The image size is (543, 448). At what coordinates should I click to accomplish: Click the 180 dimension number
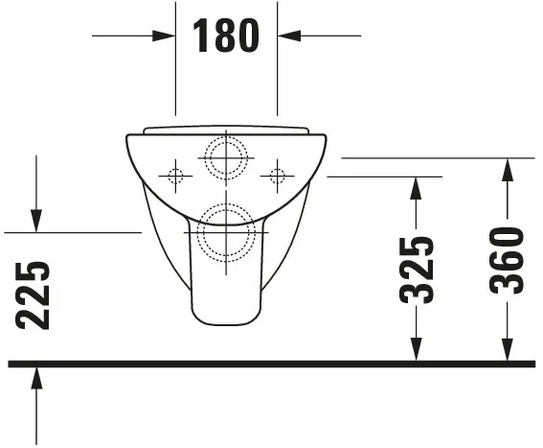226,35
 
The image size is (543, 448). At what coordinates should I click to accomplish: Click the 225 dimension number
34,295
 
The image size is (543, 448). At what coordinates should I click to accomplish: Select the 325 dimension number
417,270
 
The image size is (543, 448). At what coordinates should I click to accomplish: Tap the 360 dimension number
508,260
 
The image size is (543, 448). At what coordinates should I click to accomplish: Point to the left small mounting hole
174,176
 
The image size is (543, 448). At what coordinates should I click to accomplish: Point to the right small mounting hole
278,176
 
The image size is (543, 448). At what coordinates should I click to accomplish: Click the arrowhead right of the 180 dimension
289,36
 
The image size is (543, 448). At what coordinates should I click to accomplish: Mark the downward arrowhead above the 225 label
35,221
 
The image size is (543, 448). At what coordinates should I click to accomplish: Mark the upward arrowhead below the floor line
35,377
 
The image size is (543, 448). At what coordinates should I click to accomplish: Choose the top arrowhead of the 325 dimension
415,188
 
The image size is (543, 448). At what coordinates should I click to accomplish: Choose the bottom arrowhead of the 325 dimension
415,351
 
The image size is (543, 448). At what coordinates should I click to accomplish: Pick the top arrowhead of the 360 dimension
508,170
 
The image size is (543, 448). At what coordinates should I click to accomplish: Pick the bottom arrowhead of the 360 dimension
508,351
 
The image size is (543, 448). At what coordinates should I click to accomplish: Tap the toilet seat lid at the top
226,130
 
